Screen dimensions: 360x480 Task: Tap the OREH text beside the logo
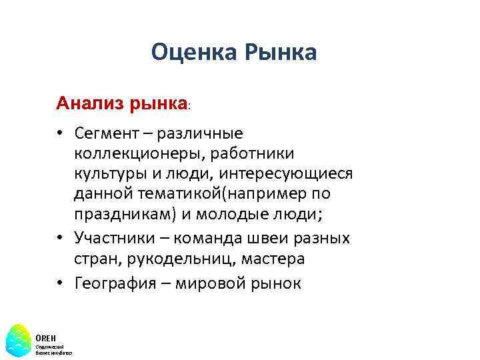[x=46, y=337]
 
